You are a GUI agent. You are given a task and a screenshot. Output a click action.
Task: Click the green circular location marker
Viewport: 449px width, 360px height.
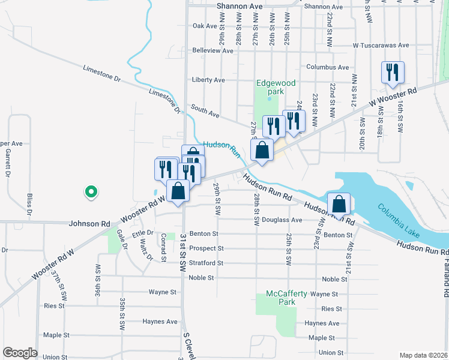91,191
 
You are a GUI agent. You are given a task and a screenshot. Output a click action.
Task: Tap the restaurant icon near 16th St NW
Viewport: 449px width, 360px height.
393,73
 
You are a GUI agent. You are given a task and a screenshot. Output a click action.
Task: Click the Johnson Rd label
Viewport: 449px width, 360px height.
89,224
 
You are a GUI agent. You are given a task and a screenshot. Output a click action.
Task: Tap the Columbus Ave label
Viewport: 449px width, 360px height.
327,67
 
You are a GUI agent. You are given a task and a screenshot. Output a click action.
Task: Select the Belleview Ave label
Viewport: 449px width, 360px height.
212,51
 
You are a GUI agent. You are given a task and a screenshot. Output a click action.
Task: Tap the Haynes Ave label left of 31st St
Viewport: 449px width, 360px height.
159,322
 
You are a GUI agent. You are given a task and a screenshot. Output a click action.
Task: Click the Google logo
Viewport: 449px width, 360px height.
20,353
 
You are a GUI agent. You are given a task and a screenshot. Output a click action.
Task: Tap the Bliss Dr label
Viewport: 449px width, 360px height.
29,204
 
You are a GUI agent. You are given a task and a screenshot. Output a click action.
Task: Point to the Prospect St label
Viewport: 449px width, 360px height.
206,248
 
